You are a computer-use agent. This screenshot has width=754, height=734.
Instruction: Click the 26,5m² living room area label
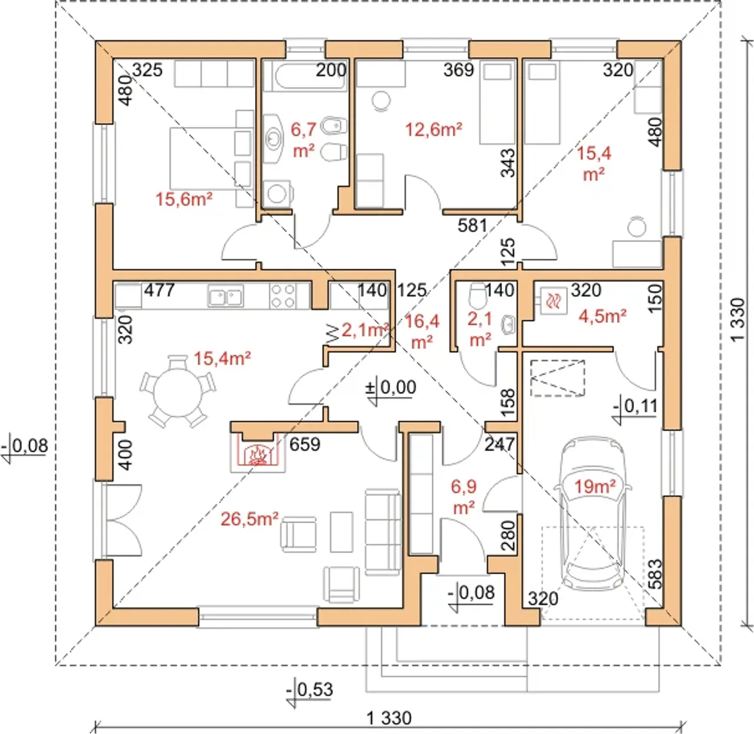[x=250, y=518]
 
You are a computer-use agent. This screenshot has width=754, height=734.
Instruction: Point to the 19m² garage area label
[x=594, y=486]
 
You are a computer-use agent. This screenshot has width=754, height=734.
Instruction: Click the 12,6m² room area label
[x=434, y=129]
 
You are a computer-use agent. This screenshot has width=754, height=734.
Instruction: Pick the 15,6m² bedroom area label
[x=184, y=199]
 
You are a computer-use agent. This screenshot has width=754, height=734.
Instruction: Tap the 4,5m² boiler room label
[x=603, y=316]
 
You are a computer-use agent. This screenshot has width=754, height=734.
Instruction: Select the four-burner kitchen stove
[x=283, y=296]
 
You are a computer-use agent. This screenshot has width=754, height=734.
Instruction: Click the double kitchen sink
[x=226, y=296]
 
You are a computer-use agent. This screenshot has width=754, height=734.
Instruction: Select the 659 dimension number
[x=305, y=444]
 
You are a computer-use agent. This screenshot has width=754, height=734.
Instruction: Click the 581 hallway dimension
[x=472, y=225]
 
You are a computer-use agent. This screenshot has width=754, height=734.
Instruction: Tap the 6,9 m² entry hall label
[x=464, y=497]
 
